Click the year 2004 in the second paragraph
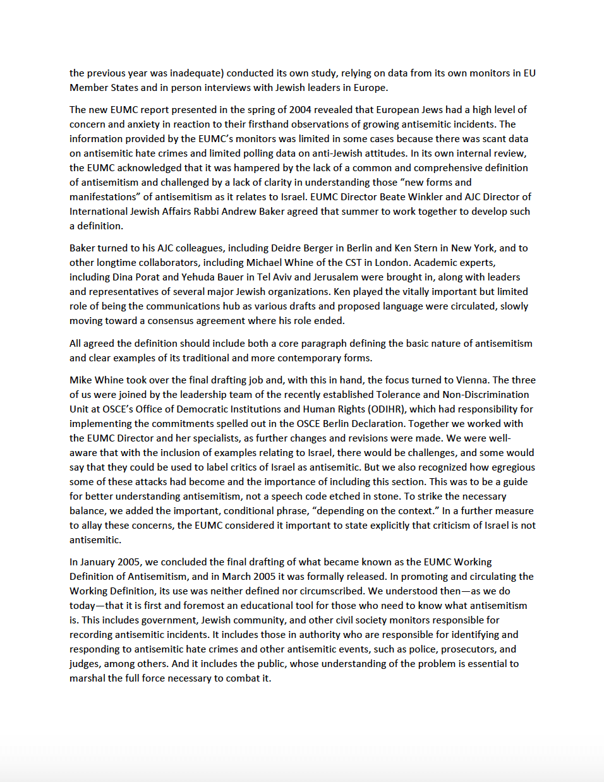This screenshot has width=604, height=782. (x=300, y=110)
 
